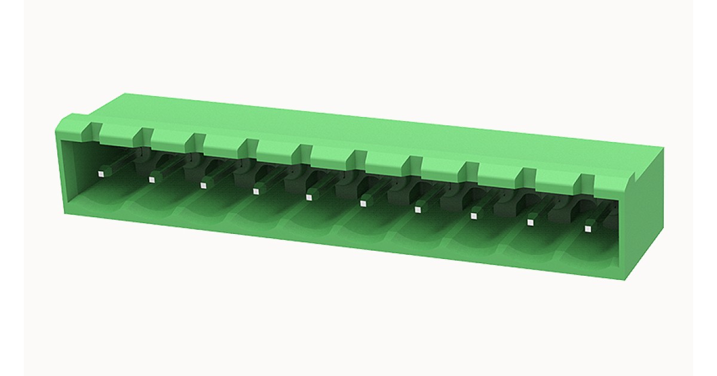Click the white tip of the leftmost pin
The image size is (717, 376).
pos(101,174)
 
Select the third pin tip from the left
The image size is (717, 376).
pos(203,183)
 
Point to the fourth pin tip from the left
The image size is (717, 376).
pos(256,191)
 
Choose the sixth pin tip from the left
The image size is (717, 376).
pos(363,204)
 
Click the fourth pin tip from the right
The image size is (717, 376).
pos(418,209)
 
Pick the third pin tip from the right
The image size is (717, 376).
pos(474,215)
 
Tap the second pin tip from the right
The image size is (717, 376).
pos(530,222)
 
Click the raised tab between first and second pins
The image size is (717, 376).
pos(119,133)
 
